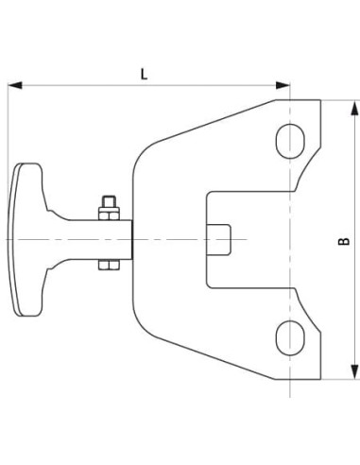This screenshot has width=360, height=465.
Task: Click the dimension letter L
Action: pos(144,72)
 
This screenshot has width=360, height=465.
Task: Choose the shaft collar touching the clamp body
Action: pos(126,238)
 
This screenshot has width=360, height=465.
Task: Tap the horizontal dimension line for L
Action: pos(189,86)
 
